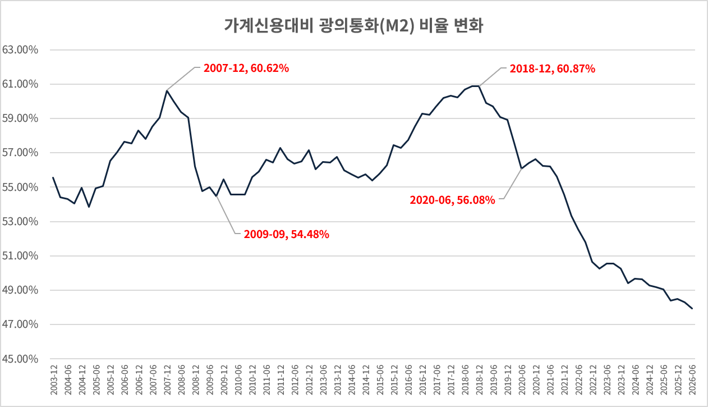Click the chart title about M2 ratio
point(353,26)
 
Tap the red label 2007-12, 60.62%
point(246,68)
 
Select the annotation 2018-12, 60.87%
point(552,68)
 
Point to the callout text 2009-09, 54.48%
point(286,234)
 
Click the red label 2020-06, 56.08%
point(452,200)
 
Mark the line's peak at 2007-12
point(167,91)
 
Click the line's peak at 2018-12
point(480,86)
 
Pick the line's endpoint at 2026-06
point(692,308)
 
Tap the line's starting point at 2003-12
point(53,177)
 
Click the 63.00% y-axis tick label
point(20,49)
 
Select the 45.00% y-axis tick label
point(20,359)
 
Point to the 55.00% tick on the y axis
point(20,187)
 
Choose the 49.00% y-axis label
point(20,290)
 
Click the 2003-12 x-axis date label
point(54,380)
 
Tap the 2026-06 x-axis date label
point(692,380)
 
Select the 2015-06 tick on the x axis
point(380,380)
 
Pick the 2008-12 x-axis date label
point(196,380)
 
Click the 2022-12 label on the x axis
point(593,380)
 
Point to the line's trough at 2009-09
point(217,196)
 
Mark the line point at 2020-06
point(521,168)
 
